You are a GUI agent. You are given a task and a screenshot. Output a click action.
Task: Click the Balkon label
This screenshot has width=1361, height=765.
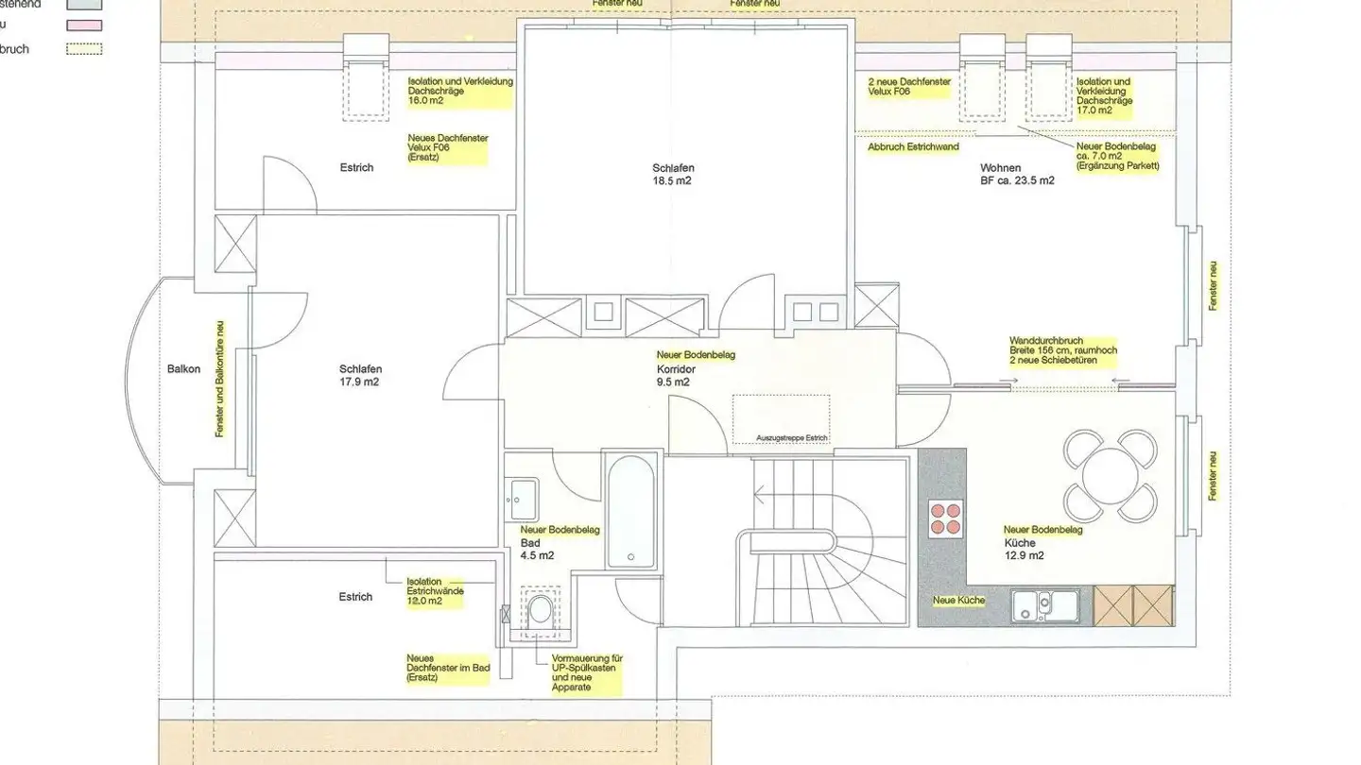point(184,368)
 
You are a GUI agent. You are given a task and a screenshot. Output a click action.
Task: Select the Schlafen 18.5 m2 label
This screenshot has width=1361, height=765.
point(672,174)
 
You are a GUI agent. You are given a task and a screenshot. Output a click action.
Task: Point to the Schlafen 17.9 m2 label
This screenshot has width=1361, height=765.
point(360,375)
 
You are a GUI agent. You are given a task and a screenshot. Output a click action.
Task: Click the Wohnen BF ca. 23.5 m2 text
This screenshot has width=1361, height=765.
point(1017,173)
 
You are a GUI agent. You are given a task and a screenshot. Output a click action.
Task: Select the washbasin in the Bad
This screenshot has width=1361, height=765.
point(522,495)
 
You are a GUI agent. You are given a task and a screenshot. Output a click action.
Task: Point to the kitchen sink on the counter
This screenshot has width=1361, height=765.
point(1044,604)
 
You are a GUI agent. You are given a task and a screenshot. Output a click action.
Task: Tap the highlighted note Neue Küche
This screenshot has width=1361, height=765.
point(958,601)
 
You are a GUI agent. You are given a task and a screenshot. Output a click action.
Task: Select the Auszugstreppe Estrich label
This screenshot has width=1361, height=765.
point(792,437)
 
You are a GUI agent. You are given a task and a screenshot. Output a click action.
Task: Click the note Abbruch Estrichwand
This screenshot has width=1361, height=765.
point(913,146)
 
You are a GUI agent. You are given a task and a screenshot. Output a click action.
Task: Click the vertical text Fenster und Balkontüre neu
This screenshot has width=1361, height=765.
point(219,378)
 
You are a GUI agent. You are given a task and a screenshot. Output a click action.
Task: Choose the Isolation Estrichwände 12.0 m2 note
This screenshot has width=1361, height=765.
point(435,591)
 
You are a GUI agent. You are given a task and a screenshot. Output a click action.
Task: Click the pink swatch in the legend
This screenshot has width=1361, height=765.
point(84,25)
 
